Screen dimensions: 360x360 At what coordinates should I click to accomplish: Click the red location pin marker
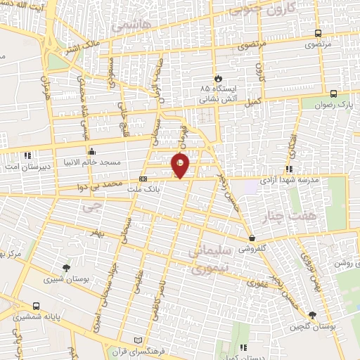181,165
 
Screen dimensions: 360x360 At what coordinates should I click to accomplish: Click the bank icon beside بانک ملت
143,179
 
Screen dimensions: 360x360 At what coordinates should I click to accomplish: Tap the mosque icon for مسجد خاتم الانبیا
92,150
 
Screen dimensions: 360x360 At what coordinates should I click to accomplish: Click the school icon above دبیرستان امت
27,155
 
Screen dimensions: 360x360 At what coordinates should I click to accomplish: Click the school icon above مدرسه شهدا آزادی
289,169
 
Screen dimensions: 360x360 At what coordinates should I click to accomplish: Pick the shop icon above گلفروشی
251,238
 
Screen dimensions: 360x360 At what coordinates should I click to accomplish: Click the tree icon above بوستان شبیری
66,267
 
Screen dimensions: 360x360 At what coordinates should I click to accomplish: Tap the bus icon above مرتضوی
318,33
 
